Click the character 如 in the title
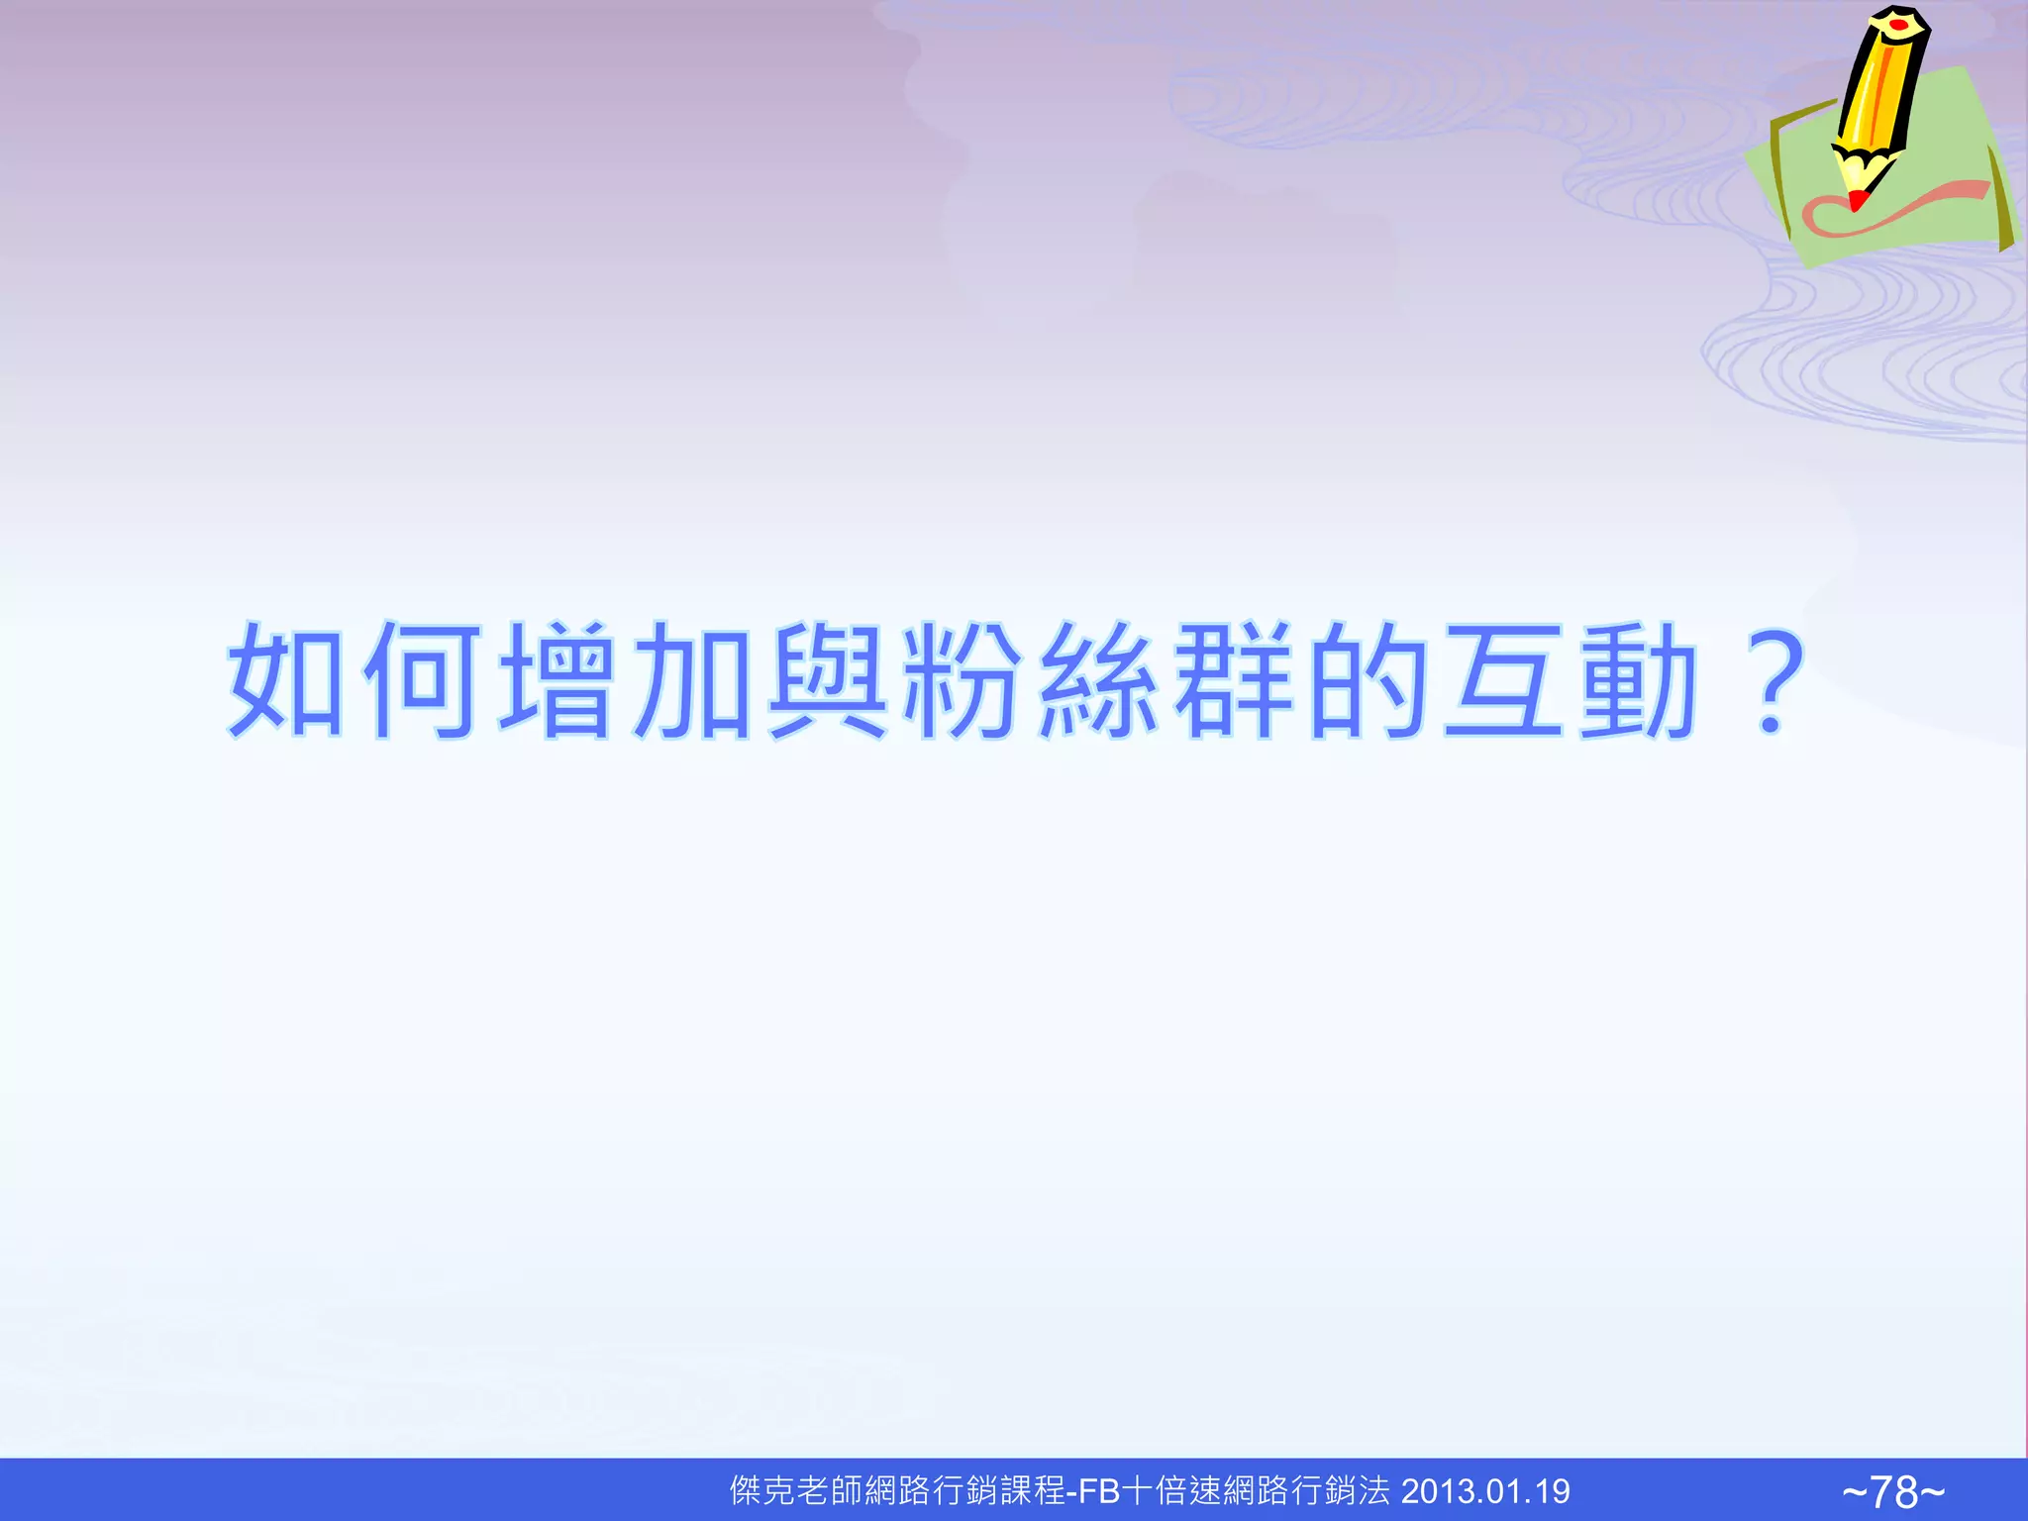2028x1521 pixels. point(286,680)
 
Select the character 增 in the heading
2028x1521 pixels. point(558,680)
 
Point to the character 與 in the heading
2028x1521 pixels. point(829,680)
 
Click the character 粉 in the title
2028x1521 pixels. point(963,680)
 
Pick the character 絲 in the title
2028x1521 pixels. point(1098,680)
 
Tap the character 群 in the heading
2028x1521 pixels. point(1234,680)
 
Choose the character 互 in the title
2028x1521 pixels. point(1504,680)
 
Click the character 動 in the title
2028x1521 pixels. point(1639,680)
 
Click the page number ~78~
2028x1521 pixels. point(1893,1491)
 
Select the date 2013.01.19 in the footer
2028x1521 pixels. point(1485,1491)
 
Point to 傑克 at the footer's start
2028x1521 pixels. point(763,1491)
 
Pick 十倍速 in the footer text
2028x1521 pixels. point(1172,1491)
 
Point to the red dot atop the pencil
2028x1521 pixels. point(1898,22)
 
